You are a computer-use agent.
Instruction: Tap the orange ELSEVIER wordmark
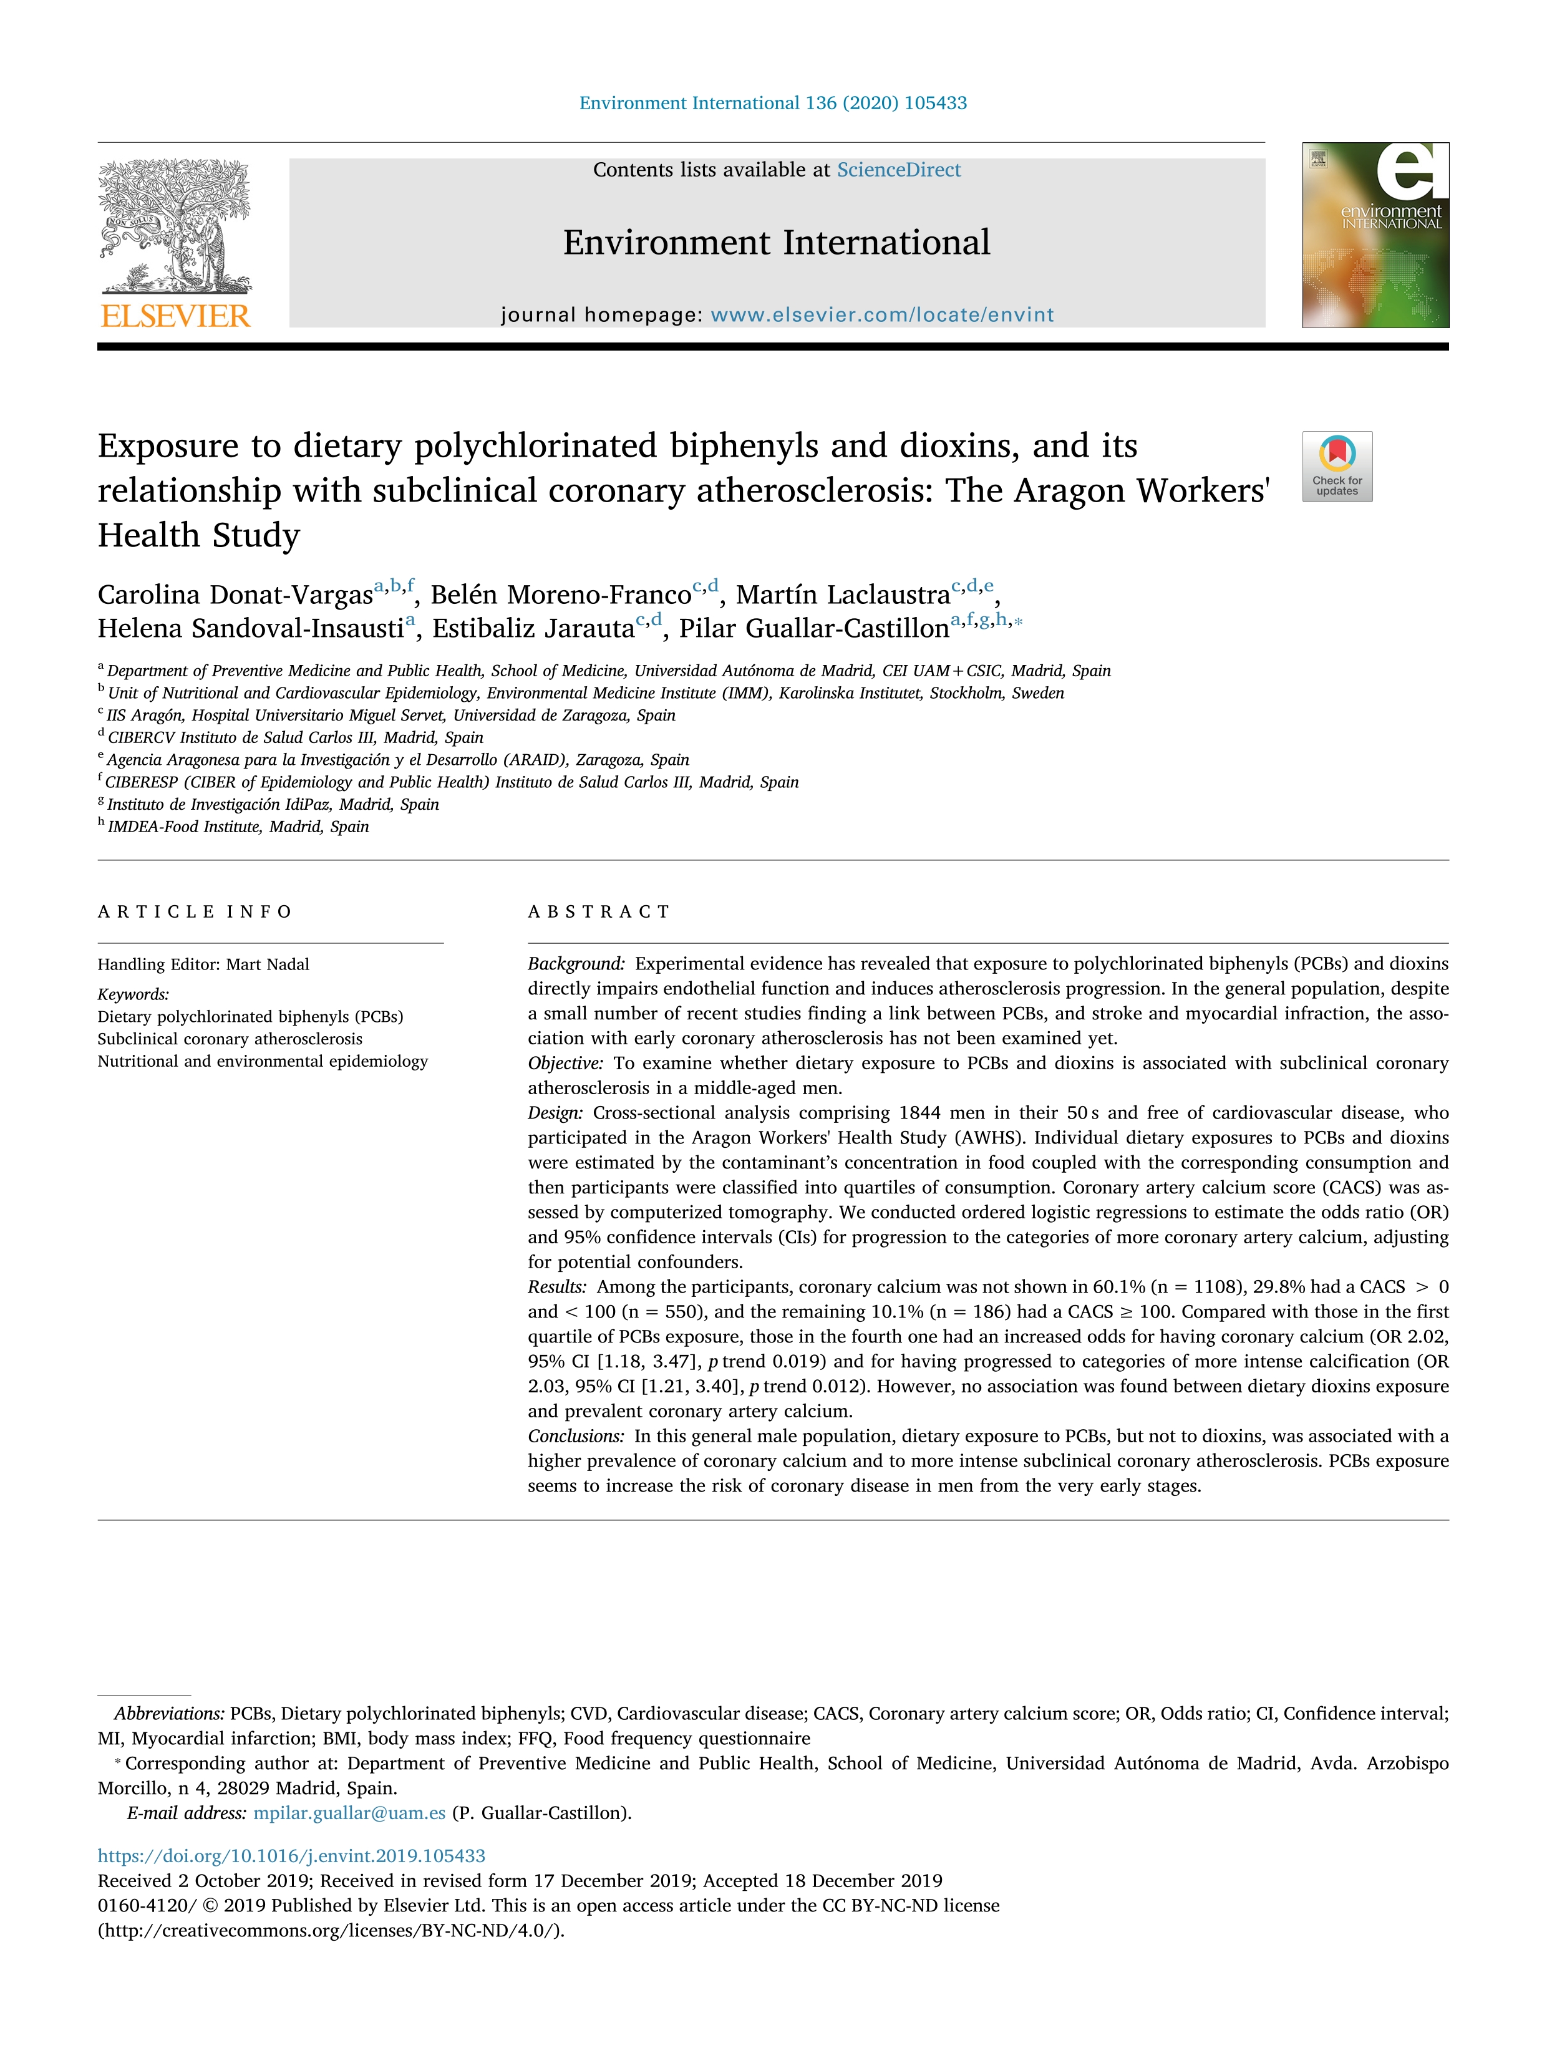(x=175, y=316)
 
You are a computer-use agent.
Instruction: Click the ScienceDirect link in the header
(x=898, y=170)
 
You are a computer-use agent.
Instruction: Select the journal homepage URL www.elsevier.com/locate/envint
(x=881, y=315)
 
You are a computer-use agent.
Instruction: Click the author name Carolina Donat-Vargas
(x=235, y=595)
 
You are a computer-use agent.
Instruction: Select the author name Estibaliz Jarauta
(x=533, y=629)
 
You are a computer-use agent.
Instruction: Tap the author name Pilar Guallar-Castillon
(x=813, y=629)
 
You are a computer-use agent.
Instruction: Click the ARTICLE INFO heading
(x=195, y=911)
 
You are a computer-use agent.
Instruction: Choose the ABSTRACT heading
(x=599, y=911)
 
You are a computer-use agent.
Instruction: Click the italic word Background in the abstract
(x=575, y=963)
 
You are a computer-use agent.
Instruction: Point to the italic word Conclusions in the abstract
(x=575, y=1435)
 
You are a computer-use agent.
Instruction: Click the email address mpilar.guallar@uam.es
(x=349, y=1812)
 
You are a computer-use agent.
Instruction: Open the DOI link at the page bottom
(x=291, y=1855)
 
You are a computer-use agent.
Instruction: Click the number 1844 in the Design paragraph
(x=919, y=1113)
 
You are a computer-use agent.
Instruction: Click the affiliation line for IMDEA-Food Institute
(x=238, y=827)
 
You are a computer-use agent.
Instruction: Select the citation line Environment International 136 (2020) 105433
(x=772, y=102)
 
